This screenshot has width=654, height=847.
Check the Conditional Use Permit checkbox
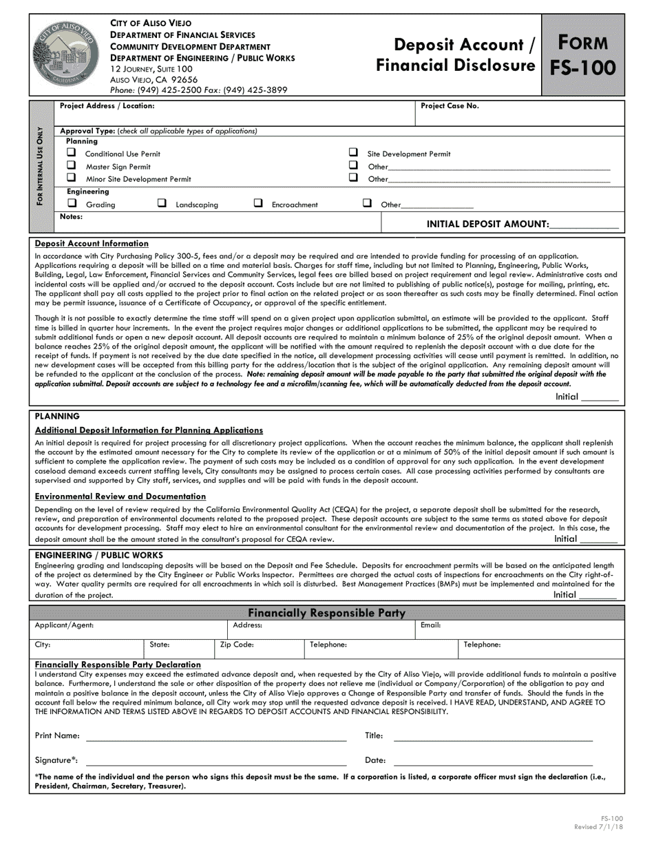tap(71, 153)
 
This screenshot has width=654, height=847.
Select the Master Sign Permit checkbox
tap(71, 165)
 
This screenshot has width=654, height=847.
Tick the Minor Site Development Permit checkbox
tap(71, 178)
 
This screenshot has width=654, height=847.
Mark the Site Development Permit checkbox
tap(353, 153)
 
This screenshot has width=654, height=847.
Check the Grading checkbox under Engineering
tap(72, 203)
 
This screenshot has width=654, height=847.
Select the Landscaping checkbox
tap(162, 203)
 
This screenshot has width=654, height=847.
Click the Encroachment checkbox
tap(258, 203)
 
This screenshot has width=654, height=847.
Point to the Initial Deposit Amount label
tap(487, 224)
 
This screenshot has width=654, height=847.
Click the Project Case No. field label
tap(450, 106)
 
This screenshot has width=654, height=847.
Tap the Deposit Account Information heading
tap(92, 243)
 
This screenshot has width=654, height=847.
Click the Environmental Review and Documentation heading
tap(120, 496)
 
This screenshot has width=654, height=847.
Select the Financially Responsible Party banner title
tap(326, 613)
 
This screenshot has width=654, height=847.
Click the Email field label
tap(430, 625)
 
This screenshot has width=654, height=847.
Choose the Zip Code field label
tap(237, 645)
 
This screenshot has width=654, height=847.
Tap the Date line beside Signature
tap(492, 764)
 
